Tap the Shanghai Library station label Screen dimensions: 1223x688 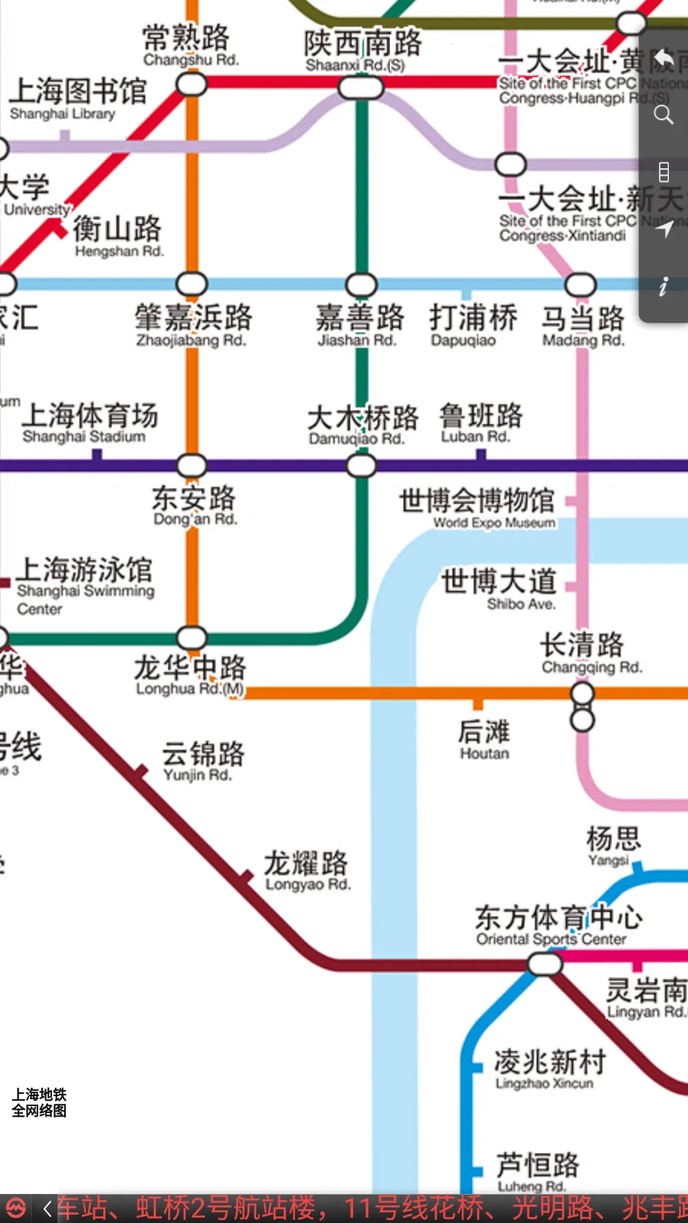click(x=76, y=99)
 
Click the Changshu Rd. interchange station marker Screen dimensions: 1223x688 click(x=191, y=84)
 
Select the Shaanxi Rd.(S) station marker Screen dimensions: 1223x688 click(x=361, y=88)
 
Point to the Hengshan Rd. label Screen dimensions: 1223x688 click(x=118, y=236)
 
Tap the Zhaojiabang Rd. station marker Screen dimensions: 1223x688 click(x=191, y=284)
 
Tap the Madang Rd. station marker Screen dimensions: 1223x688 click(x=580, y=284)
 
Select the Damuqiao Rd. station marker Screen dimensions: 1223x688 click(x=361, y=465)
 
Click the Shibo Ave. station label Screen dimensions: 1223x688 click(x=499, y=589)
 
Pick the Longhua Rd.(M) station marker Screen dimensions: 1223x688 click(x=191, y=637)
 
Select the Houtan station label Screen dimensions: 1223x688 click(x=483, y=740)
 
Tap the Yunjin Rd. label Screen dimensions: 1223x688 click(x=202, y=761)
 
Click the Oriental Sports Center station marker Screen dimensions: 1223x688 click(x=544, y=964)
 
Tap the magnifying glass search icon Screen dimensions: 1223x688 click(x=664, y=115)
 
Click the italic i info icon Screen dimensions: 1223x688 click(x=663, y=286)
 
